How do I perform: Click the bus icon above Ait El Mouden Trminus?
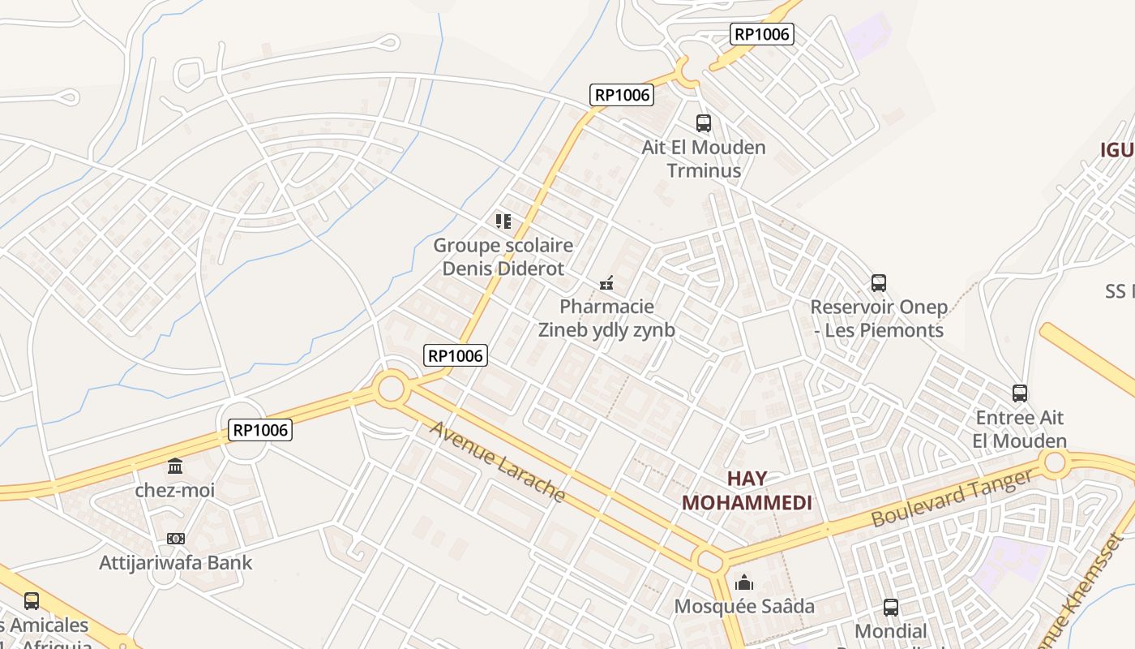click(x=704, y=123)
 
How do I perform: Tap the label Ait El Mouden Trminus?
click(x=704, y=159)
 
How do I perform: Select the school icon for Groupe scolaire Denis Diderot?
click(x=503, y=221)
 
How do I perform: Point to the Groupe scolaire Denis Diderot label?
click(x=503, y=256)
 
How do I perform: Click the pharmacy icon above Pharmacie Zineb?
click(x=606, y=283)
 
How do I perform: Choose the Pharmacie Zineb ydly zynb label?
click(x=606, y=319)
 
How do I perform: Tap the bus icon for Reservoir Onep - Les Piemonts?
click(x=879, y=283)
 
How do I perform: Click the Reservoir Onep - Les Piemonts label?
click(x=879, y=319)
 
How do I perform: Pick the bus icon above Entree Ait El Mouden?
click(x=1020, y=393)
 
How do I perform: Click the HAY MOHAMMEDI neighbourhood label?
click(x=747, y=490)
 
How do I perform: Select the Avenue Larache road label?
click(x=496, y=461)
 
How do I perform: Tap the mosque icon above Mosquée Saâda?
click(x=743, y=582)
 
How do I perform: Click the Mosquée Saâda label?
click(x=744, y=606)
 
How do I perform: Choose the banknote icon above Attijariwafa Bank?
click(x=175, y=539)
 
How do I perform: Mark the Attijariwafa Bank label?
click(x=175, y=562)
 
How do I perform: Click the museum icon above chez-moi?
click(x=175, y=466)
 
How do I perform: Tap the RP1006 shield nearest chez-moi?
click(x=260, y=430)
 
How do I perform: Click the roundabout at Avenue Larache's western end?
click(x=391, y=388)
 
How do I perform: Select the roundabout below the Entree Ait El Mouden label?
click(x=1055, y=463)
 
